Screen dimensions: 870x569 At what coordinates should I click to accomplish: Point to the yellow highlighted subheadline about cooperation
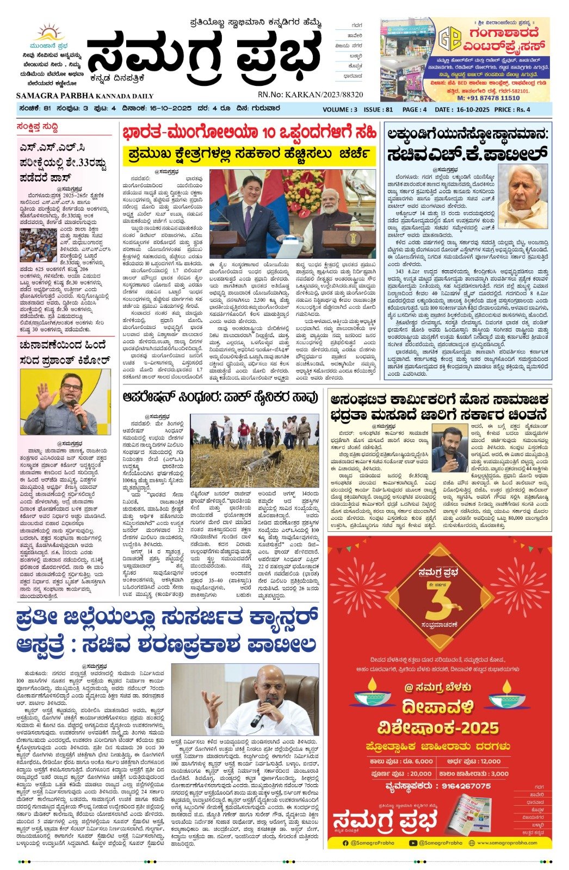tap(249, 154)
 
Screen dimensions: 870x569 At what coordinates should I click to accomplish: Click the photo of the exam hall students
tap(39, 245)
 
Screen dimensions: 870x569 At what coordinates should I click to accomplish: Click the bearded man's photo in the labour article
tap(449, 449)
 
